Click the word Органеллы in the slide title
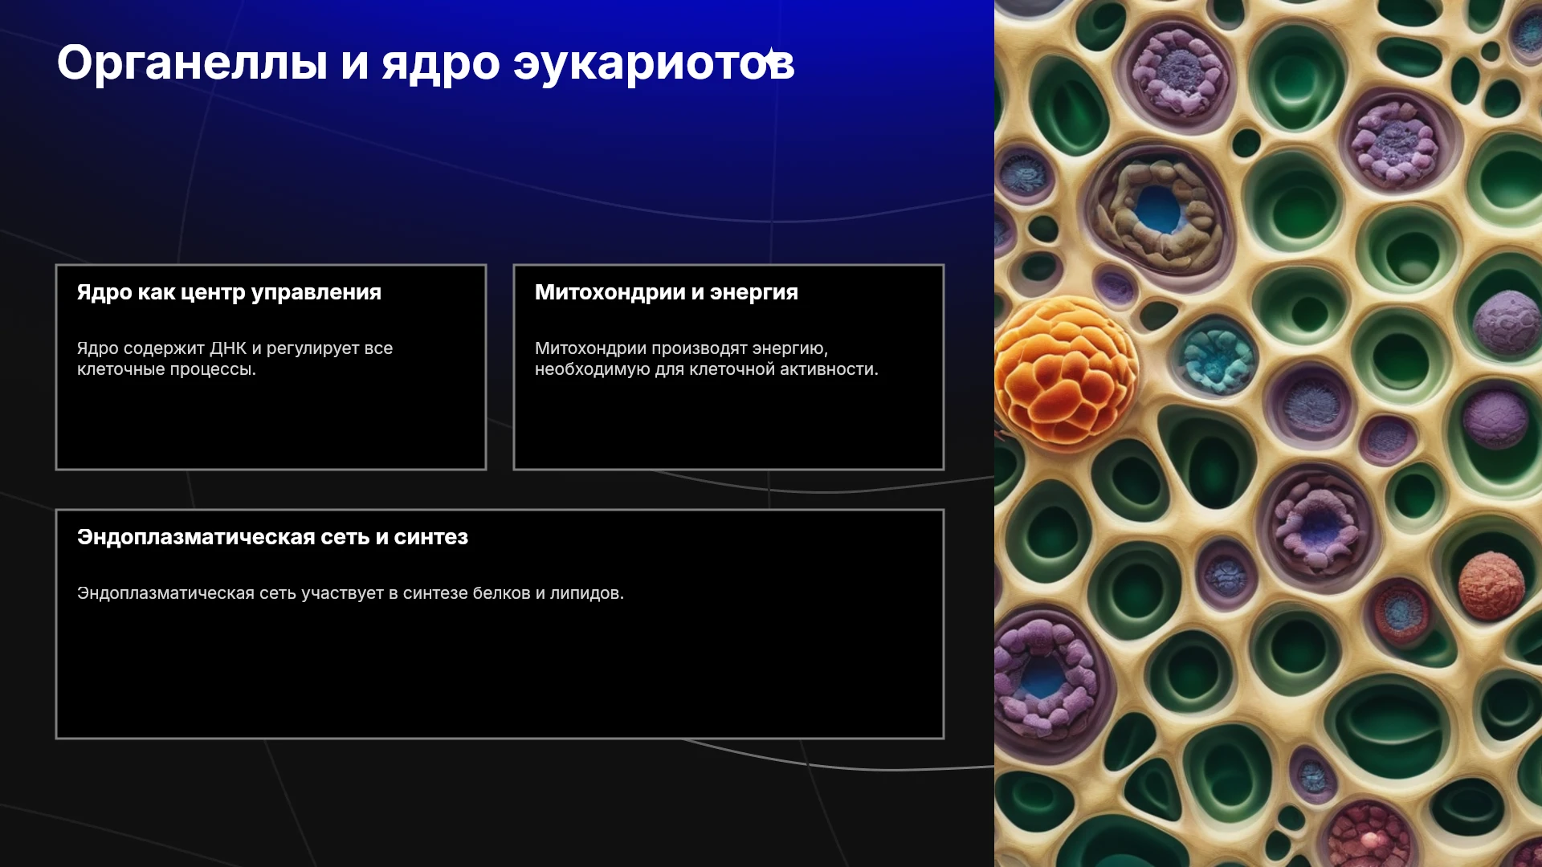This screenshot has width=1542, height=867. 192,63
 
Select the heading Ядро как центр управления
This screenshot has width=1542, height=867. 229,293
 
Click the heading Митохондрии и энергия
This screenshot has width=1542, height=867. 667,293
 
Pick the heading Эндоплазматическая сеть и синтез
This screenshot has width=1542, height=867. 272,538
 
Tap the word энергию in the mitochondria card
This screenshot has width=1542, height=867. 789,349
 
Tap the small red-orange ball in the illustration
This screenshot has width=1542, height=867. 1491,585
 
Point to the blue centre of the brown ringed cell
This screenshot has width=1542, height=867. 1157,210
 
